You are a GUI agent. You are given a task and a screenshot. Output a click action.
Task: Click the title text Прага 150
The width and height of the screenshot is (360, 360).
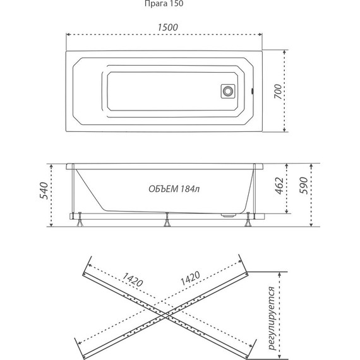pos(164,4)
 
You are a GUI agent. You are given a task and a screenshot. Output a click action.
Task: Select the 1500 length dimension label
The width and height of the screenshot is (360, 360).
pos(168,27)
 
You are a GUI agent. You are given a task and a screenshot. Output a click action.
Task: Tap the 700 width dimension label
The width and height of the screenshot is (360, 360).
pos(278,92)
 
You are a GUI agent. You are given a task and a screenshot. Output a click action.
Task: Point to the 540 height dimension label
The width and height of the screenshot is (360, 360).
pos(44,191)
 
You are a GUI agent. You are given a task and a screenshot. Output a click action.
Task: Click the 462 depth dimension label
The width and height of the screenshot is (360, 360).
pos(280,186)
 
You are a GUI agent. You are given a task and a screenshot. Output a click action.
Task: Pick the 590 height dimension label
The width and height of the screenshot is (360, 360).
pos(304,186)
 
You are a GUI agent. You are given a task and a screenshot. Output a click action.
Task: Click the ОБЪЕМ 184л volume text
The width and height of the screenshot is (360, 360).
pos(174,189)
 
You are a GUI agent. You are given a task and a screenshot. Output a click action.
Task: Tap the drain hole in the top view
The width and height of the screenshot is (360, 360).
pos(228,91)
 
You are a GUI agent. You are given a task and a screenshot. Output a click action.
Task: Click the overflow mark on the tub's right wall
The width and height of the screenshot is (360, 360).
pos(253,91)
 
